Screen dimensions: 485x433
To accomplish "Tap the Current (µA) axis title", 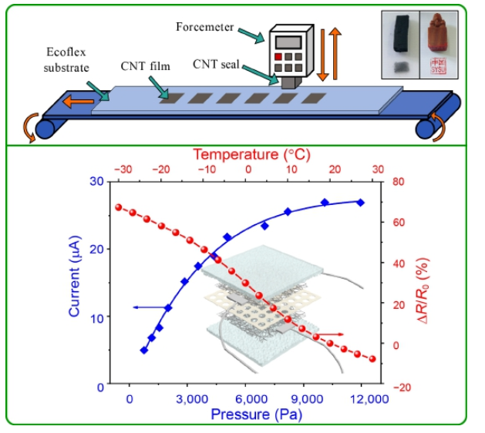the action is pyautogui.click(x=75, y=283).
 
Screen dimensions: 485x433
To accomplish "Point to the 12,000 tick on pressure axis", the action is pyautogui.click(x=362, y=399).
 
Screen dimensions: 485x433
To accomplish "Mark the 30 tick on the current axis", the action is pyautogui.click(x=98, y=182).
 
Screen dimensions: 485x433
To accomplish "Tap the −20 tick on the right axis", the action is pyautogui.click(x=398, y=384).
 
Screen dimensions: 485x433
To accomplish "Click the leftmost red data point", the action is pyautogui.click(x=119, y=206).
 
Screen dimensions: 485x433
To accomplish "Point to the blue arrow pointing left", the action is pyautogui.click(x=147, y=307).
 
